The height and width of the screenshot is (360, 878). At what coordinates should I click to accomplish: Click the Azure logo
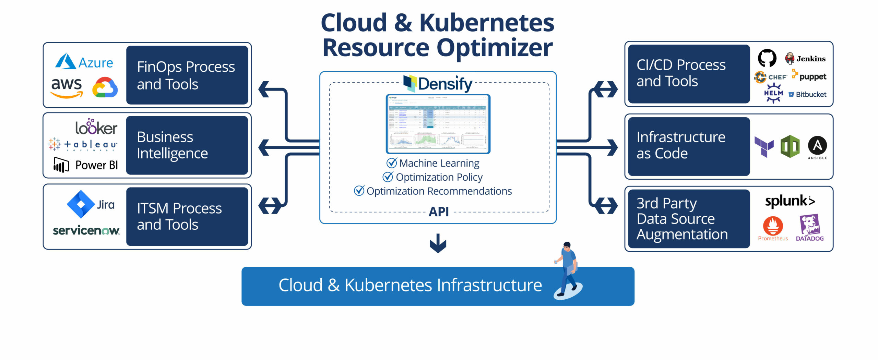pyautogui.click(x=84, y=62)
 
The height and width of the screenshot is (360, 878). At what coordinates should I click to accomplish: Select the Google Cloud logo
pyautogui.click(x=105, y=87)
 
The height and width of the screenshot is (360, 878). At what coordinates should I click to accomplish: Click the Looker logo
pyautogui.click(x=96, y=127)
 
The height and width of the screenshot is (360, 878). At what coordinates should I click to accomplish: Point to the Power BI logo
pyautogui.click(x=85, y=165)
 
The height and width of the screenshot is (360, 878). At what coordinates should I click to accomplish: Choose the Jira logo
pyautogui.click(x=91, y=204)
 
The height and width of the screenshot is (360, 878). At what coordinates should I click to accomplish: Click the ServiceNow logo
pyautogui.click(x=86, y=230)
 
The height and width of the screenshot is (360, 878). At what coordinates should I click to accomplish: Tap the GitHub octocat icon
pyautogui.click(x=767, y=58)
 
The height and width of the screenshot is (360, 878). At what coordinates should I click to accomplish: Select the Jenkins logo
pyautogui.click(x=805, y=58)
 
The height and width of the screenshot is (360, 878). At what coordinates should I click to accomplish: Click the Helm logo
pyautogui.click(x=773, y=93)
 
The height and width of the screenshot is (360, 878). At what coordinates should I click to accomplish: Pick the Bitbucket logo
pyautogui.click(x=807, y=94)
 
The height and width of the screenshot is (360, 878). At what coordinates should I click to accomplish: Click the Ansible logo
pyautogui.click(x=817, y=147)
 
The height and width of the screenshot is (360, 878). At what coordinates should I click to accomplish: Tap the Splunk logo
pyautogui.click(x=790, y=201)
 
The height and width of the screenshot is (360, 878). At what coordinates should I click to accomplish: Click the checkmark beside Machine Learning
pyautogui.click(x=391, y=163)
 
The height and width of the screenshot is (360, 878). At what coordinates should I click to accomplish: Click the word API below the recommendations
pyautogui.click(x=439, y=212)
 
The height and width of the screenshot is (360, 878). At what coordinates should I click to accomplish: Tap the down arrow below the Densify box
pyautogui.click(x=438, y=243)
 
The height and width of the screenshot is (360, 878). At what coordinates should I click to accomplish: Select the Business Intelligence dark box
pyautogui.click(x=187, y=145)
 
